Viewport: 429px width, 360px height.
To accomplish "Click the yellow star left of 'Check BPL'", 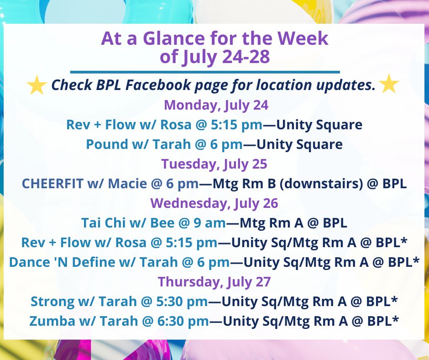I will click(x=37, y=85).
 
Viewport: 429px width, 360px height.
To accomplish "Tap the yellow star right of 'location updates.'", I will click(x=389, y=84).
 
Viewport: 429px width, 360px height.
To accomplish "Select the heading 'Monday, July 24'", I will click(x=216, y=105).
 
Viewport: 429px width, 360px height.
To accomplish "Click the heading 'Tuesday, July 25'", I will click(x=215, y=163).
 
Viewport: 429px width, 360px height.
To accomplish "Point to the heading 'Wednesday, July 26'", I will click(x=214, y=202).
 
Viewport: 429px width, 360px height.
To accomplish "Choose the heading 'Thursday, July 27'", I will click(x=214, y=281).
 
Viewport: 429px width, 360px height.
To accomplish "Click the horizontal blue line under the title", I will click(x=205, y=72).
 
